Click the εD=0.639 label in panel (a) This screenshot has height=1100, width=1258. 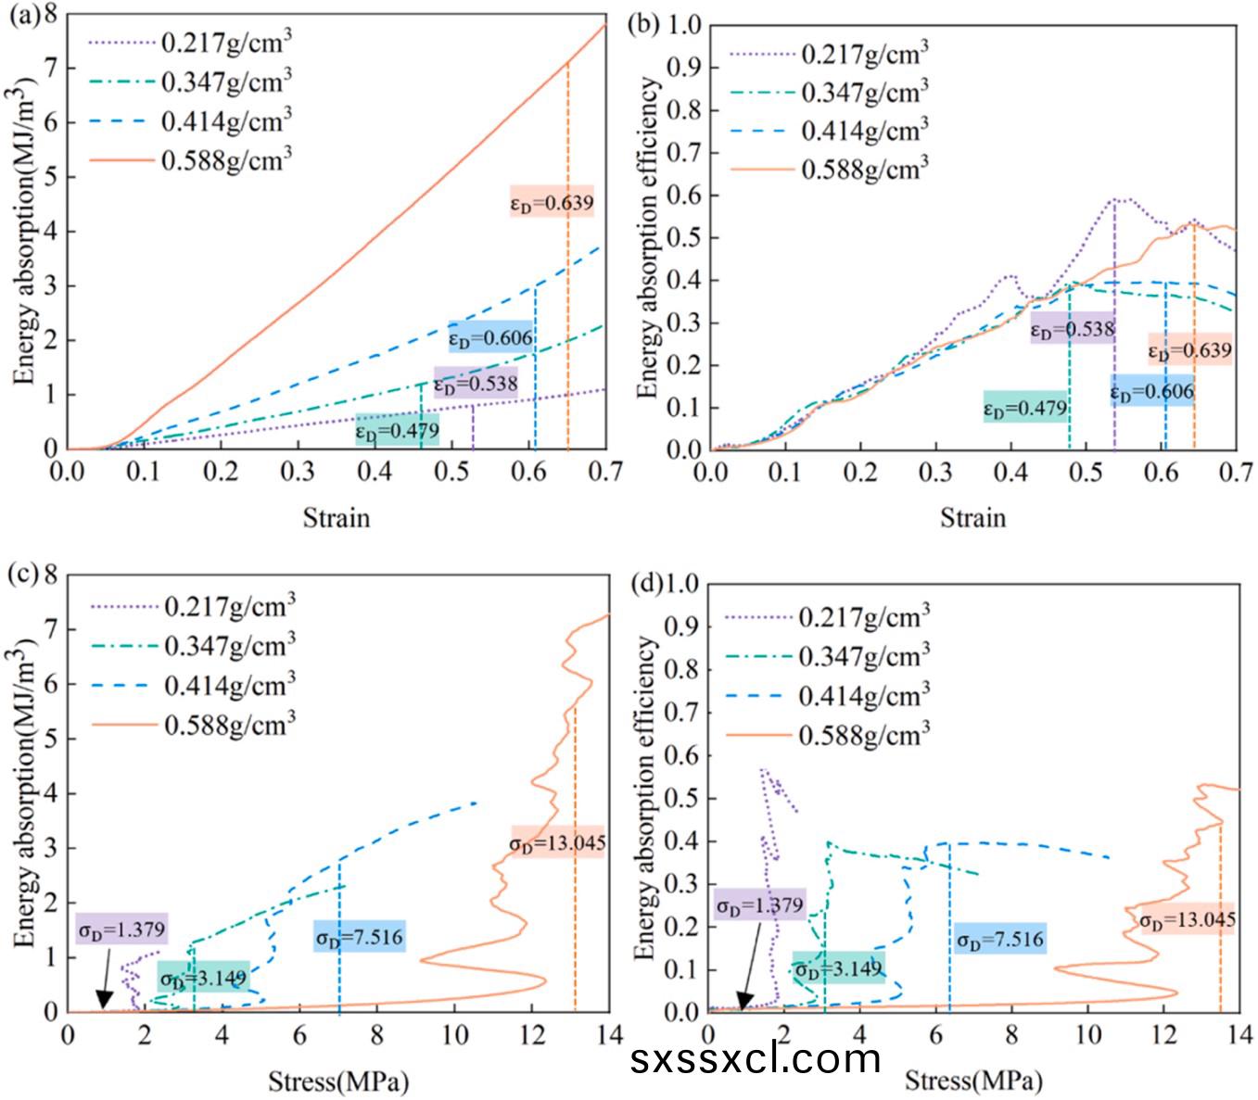552,202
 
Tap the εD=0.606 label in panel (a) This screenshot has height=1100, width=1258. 490,337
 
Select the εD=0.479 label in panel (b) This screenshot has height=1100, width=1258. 1025,408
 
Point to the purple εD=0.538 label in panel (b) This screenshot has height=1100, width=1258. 1073,328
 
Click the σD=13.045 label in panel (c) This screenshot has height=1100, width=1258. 557,842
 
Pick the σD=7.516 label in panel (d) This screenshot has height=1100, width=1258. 1000,939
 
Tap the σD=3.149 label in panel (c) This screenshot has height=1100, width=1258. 204,978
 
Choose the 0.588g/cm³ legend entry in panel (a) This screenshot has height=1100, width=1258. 226,159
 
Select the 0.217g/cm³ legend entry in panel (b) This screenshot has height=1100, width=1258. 864,53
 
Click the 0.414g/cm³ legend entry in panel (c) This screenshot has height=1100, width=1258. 229,685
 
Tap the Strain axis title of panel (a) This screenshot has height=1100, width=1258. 336,517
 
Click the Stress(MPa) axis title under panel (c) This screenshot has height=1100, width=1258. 337,1081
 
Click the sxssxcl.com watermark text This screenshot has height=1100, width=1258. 755,1057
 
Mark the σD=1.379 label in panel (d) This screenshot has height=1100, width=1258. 759,904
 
